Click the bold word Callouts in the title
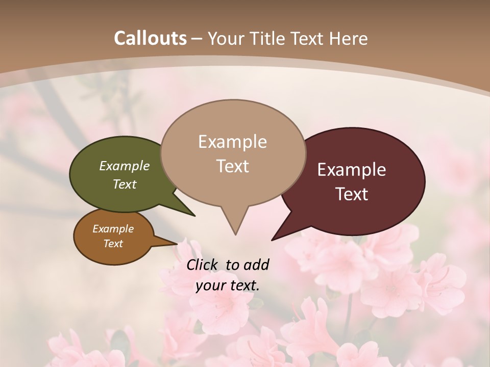pyautogui.click(x=150, y=38)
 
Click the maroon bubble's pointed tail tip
pyautogui.click(x=273, y=239)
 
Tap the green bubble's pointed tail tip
pyautogui.click(x=194, y=216)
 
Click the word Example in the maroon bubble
pyautogui.click(x=352, y=170)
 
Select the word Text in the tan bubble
pyautogui.click(x=233, y=166)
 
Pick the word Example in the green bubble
pyautogui.click(x=125, y=166)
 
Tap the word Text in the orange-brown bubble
pyautogui.click(x=113, y=244)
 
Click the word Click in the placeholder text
pyautogui.click(x=203, y=265)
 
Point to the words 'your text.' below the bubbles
pyautogui.click(x=228, y=285)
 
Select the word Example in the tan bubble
pyautogui.click(x=233, y=142)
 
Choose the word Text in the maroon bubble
pyautogui.click(x=352, y=194)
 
